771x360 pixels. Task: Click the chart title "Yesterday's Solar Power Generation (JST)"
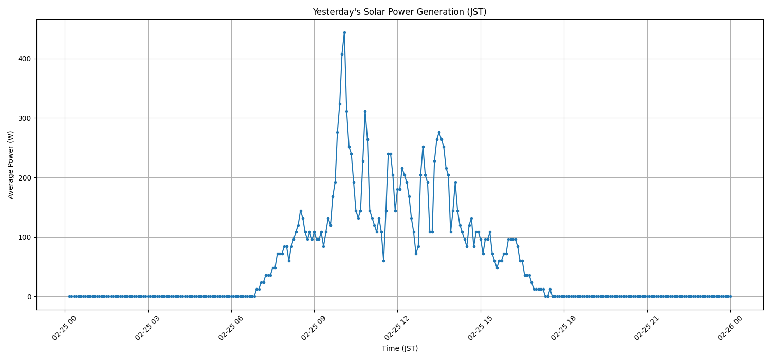(x=399, y=12)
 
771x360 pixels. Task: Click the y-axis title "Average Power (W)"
(x=11, y=165)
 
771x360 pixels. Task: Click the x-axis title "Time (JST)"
(x=399, y=349)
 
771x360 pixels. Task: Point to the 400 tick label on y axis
(x=25, y=59)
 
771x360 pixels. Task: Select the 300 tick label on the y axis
(x=25, y=118)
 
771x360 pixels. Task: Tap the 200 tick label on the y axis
(x=25, y=177)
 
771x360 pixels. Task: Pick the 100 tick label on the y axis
(x=25, y=237)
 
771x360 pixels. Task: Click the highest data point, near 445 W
(x=344, y=32)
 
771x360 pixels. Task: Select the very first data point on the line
(x=69, y=296)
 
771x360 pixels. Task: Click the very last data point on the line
(x=730, y=296)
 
